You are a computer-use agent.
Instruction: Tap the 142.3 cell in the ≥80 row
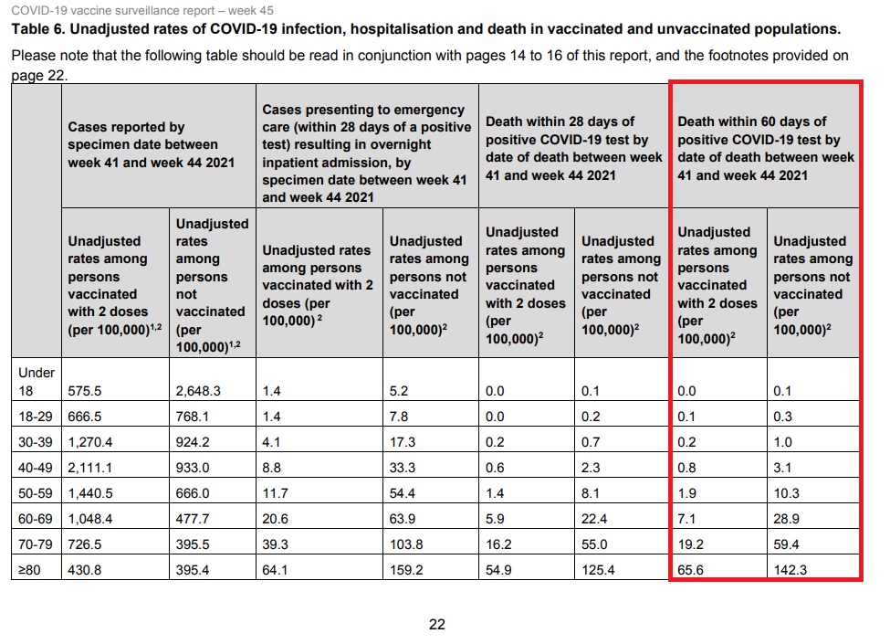point(791,571)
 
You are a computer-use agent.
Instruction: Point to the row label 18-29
point(36,417)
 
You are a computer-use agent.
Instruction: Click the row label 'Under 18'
point(37,381)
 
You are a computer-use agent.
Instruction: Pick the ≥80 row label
point(30,571)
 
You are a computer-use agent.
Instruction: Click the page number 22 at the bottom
point(437,625)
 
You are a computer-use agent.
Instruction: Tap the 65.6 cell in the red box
point(692,571)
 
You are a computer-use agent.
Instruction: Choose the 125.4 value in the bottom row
point(599,571)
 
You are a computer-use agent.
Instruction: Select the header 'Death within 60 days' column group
point(765,148)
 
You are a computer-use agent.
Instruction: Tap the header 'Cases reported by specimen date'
point(142,144)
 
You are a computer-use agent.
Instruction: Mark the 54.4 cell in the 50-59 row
point(403,494)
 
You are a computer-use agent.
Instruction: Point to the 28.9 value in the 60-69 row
point(788,520)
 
